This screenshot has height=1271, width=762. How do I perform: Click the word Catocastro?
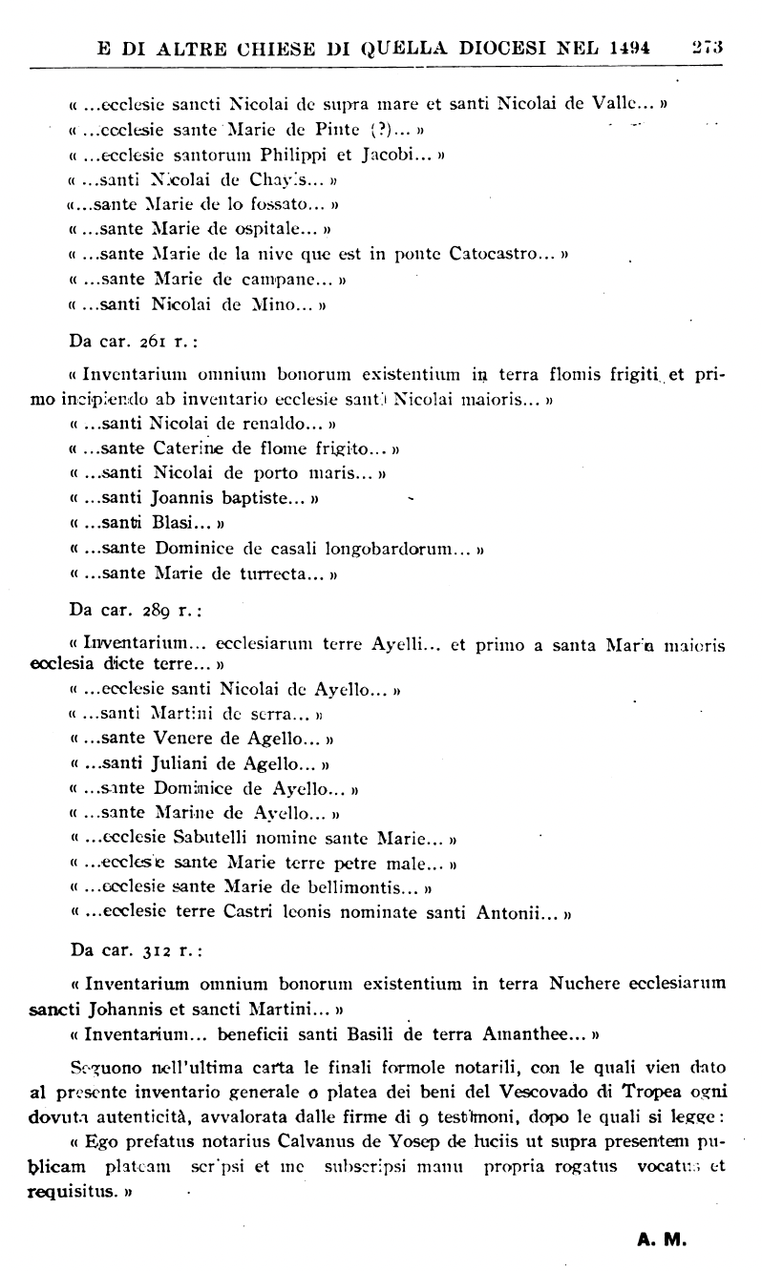tap(505, 255)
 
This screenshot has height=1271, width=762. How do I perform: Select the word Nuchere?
tap(583, 983)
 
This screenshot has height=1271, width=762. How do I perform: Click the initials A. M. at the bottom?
tap(663, 1242)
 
